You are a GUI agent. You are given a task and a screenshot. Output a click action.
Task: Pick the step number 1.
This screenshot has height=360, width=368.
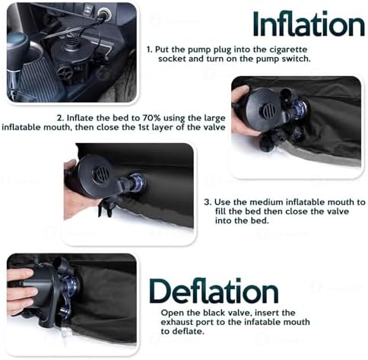tap(148, 49)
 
